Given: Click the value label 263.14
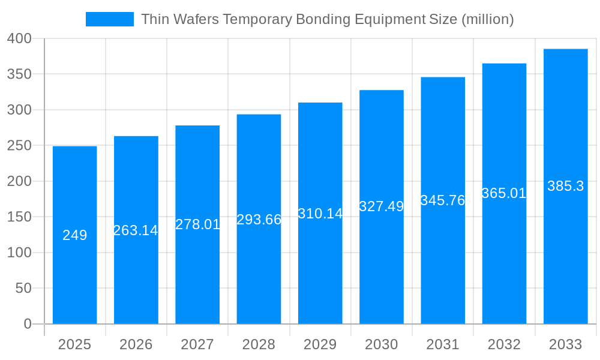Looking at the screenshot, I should (136, 230).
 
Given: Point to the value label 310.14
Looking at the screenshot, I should (320, 214).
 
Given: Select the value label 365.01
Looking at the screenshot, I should (504, 193).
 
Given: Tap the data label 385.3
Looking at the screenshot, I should (565, 186).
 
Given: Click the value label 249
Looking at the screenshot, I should (74, 235).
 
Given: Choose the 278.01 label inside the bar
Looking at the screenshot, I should (197, 224).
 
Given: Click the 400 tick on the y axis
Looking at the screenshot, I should (19, 38).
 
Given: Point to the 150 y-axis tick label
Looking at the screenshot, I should (19, 217).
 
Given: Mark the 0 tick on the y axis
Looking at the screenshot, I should (27, 324).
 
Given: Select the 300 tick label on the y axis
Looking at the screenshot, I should (19, 110).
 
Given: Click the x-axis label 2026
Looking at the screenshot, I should (136, 344).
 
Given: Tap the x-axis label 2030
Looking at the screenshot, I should (381, 344).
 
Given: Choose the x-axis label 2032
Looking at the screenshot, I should (504, 344).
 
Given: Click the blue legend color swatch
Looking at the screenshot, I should (110, 19).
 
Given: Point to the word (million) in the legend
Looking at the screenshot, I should (487, 19).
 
